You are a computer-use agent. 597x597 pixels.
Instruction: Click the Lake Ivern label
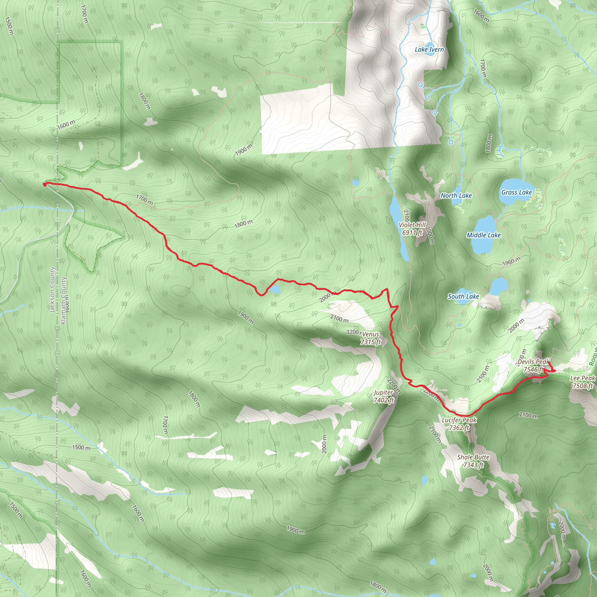429,50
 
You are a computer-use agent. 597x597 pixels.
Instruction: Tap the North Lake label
456,195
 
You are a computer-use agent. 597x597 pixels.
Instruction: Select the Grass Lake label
516,192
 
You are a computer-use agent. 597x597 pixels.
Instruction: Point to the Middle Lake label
484,235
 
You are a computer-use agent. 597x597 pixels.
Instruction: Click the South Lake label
463,296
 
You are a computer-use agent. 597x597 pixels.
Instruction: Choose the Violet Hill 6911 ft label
412,229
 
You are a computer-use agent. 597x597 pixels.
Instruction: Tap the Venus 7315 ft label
371,338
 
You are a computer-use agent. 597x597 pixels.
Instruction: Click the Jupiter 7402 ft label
384,396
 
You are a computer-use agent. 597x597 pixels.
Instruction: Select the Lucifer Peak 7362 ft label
459,424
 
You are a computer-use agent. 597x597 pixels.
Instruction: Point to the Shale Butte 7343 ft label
473,461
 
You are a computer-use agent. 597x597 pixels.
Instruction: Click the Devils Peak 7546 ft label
533,365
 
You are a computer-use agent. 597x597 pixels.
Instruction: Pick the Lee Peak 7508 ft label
582,382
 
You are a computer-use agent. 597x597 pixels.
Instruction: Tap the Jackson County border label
52,290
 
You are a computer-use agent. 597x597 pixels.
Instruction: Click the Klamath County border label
64,300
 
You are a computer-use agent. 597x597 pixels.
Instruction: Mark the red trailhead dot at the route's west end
45,185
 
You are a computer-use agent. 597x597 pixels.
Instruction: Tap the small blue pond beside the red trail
275,289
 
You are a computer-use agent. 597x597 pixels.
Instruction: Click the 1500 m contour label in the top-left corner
9,26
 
